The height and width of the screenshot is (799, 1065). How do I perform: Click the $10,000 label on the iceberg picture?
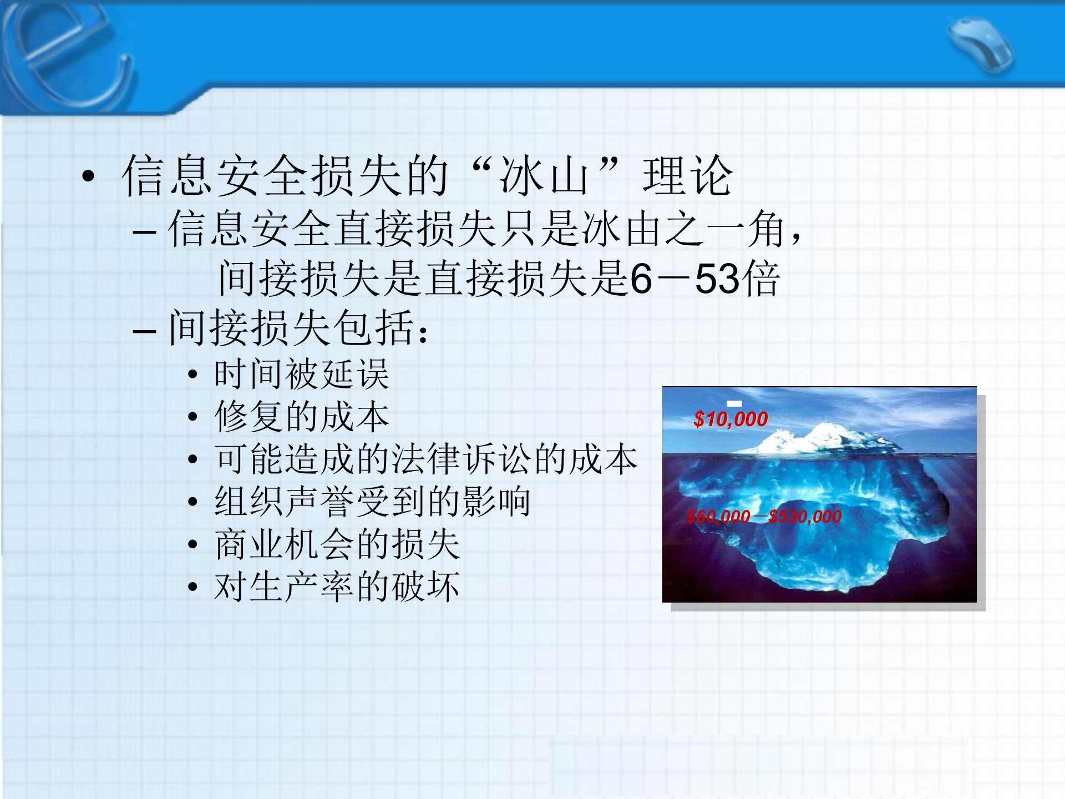[731, 419]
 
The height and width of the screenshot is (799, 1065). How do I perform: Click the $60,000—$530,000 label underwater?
[764, 517]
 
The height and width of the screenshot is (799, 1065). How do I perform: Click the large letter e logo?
[67, 55]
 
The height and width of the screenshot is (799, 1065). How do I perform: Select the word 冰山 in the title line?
[544, 176]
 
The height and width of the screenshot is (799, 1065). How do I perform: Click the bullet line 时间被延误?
[302, 374]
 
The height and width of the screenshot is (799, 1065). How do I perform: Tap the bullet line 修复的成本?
[302, 417]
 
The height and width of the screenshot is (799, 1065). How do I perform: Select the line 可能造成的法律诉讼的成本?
[426, 459]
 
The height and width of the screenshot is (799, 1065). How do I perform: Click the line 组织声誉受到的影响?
[372, 502]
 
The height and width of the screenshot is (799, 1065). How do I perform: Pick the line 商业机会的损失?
[337, 544]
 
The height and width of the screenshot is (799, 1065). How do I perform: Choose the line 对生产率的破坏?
[337, 587]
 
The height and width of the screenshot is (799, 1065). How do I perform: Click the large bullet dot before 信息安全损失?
[88, 176]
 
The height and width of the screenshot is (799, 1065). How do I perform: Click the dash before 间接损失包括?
[144, 331]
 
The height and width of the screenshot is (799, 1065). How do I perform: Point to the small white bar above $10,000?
[734, 403]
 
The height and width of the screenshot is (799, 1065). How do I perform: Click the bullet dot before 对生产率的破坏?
[192, 587]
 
